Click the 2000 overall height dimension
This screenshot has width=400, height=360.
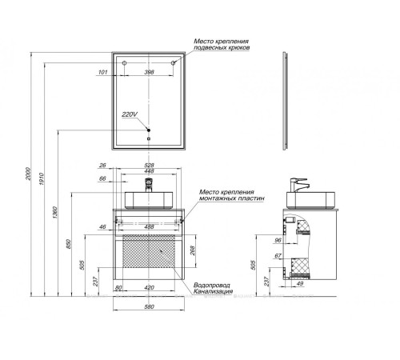28,174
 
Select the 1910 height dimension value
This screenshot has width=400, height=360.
41,179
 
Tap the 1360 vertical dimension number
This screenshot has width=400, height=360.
54,213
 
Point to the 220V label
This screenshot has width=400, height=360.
130,114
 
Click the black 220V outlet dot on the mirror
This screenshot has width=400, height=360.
149,130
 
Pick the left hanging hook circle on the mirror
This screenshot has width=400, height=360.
124,63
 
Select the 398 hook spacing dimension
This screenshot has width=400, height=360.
149,72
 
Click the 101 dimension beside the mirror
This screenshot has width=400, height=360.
103,72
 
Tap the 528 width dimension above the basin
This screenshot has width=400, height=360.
149,166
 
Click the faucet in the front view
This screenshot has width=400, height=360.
148,185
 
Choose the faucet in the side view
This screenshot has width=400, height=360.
298,185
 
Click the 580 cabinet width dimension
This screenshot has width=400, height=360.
149,306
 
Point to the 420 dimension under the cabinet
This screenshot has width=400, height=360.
149,287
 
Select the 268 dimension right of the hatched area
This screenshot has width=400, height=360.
192,250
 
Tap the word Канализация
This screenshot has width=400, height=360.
213,291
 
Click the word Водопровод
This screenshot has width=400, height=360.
212,285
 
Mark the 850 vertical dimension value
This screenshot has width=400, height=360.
68,244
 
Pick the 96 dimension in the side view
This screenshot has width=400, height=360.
278,240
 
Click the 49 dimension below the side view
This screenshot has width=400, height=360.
300,283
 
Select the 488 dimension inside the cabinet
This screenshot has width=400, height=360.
149,227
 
